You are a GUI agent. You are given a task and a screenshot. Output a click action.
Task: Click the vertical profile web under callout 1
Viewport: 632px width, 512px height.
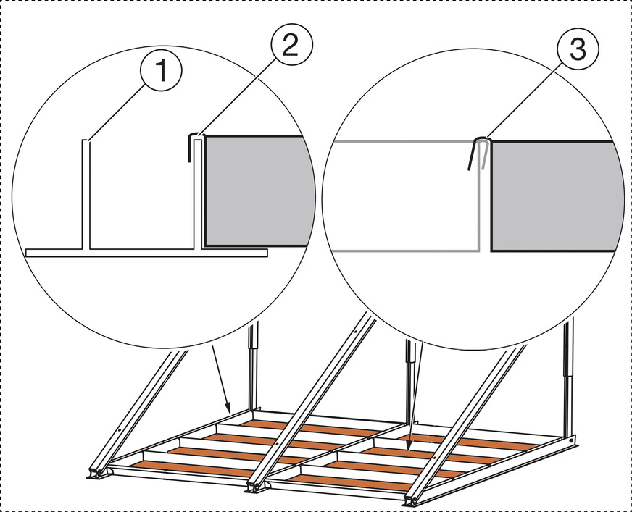point(86,196)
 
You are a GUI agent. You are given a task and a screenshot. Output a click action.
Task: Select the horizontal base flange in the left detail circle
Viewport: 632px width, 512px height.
point(145,253)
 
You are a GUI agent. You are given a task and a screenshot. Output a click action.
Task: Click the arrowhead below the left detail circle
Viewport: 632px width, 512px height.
point(228,408)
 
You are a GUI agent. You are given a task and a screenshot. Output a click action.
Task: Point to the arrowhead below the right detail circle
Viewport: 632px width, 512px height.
point(409,448)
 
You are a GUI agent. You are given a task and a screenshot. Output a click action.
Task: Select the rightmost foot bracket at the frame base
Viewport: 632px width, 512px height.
point(411,500)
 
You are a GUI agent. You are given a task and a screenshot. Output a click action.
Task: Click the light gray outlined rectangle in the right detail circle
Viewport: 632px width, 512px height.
point(403,196)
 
